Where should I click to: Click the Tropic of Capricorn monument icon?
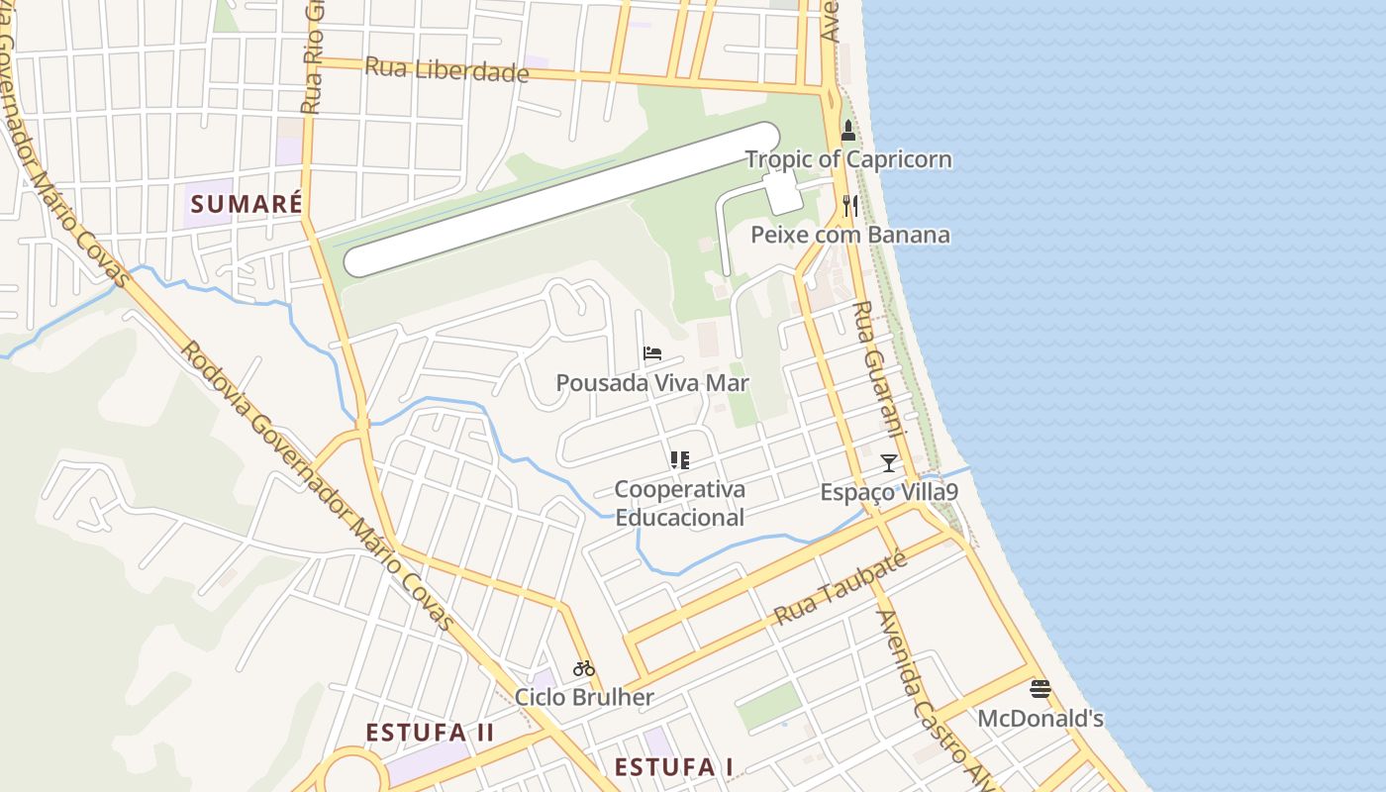click(x=848, y=131)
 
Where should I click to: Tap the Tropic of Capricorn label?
click(x=848, y=159)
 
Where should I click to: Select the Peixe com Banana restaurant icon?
click(x=849, y=205)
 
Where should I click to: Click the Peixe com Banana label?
click(x=849, y=235)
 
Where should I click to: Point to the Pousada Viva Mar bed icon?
click(x=652, y=353)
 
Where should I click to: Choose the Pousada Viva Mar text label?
click(x=652, y=383)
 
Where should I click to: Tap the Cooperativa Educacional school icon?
click(x=679, y=459)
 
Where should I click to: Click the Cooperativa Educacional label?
click(x=679, y=503)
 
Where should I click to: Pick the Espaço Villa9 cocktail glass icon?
click(x=889, y=462)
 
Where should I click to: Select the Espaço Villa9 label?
click(x=889, y=492)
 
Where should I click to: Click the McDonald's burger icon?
click(x=1039, y=689)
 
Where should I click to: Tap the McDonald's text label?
click(x=1039, y=719)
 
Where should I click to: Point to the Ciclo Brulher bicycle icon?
click(x=584, y=668)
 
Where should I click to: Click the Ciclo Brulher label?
click(x=584, y=697)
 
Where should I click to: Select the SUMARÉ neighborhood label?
click(x=247, y=205)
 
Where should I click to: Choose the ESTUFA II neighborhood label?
click(x=430, y=734)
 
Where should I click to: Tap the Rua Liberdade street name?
click(x=446, y=70)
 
